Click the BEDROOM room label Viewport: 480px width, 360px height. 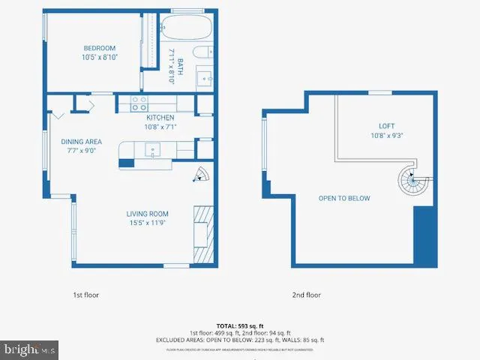point(100,48)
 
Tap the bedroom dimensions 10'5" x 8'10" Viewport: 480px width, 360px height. point(100,58)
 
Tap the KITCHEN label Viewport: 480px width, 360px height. point(160,118)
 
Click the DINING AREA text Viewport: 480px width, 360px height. point(82,142)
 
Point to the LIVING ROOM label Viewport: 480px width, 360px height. point(147,214)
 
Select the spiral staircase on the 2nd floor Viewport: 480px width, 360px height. point(411,181)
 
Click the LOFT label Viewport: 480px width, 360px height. point(386,126)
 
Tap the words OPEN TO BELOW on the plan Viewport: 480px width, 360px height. point(344,199)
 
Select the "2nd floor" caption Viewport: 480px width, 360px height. point(306,295)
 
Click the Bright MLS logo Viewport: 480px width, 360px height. point(30,349)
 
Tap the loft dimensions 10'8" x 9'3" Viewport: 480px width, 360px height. point(386,136)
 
